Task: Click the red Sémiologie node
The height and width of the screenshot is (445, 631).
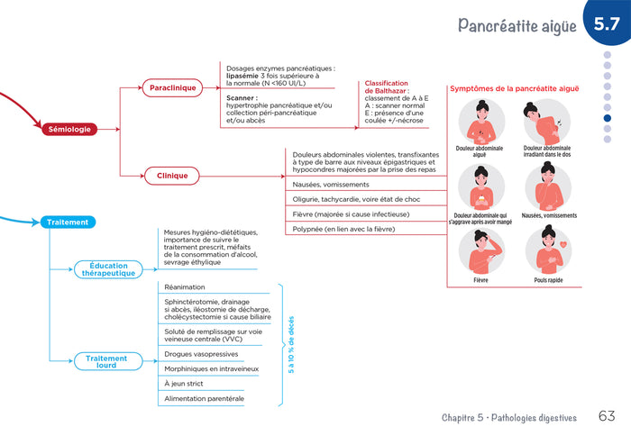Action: point(69,129)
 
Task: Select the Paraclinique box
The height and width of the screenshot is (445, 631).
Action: point(172,88)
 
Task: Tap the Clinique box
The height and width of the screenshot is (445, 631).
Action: point(172,176)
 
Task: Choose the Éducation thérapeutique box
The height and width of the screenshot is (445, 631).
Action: point(107,269)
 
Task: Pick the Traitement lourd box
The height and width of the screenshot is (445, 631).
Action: point(107,361)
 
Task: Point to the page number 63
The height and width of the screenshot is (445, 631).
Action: point(607,416)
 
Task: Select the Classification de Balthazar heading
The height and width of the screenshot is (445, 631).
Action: point(387,87)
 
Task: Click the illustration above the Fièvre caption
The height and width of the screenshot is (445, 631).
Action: point(480,251)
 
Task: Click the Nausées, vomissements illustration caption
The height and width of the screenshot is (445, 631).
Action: point(549,215)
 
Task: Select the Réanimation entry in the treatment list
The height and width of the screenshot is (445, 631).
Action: point(185,287)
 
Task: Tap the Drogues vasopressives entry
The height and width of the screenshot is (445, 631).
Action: point(200,355)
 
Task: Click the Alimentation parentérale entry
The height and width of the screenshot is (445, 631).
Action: point(204,398)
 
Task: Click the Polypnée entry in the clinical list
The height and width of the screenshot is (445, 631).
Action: point(344,229)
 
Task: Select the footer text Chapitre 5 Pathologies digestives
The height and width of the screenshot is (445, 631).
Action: point(509,417)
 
